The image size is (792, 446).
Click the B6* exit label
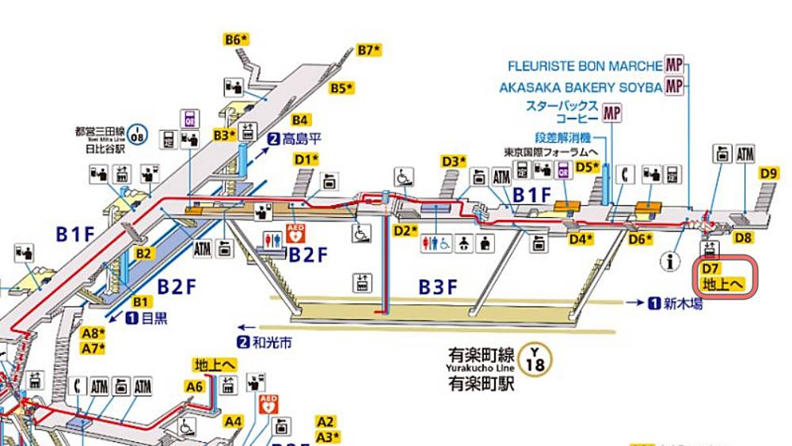(237, 38)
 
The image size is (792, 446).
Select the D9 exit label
(768, 173)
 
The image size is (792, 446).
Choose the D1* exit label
(307, 158)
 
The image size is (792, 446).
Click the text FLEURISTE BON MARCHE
(584, 66)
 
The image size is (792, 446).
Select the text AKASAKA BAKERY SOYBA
(580, 87)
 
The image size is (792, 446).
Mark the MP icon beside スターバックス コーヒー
(611, 113)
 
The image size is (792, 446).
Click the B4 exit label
(299, 120)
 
